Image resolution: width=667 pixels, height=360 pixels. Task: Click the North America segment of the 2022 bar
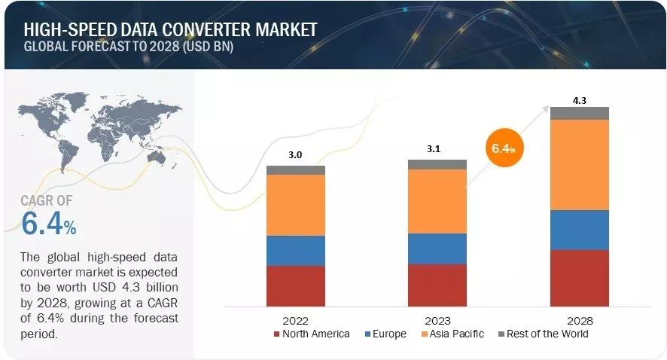point(296,285)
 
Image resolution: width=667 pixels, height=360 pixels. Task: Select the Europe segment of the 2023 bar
point(437,249)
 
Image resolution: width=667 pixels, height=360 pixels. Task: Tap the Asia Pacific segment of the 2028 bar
point(579,164)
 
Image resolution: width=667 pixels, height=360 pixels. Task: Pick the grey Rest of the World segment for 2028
point(579,113)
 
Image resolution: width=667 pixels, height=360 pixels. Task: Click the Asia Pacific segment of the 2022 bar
point(296,205)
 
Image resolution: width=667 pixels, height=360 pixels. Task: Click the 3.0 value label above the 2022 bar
point(296,155)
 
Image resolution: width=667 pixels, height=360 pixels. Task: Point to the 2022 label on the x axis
point(296,319)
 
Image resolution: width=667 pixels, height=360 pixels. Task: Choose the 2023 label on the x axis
point(437,319)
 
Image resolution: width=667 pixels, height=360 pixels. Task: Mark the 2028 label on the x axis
point(579,319)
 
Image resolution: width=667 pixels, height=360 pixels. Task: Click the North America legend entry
point(312,334)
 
